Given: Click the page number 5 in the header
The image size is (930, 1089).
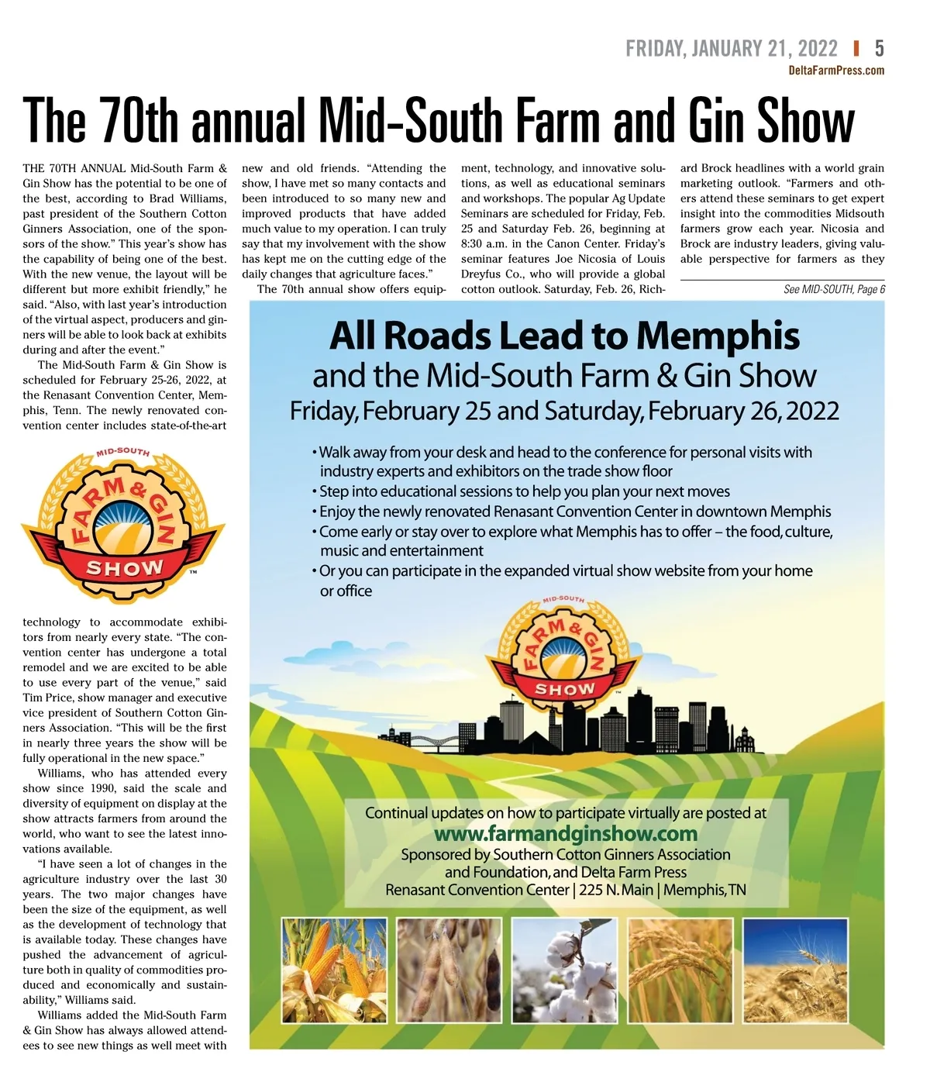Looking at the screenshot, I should click(879, 49).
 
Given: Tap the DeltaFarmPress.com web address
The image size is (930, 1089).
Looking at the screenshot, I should click(835, 71).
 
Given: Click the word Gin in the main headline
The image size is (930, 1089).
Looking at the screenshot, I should click(720, 122).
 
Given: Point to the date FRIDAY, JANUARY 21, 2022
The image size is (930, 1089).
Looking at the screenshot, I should click(731, 49).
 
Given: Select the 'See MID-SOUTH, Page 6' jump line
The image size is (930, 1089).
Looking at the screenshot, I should click(833, 289).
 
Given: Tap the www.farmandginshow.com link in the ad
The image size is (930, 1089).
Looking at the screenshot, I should click(566, 834).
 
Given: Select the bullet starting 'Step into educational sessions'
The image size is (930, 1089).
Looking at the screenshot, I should click(524, 491).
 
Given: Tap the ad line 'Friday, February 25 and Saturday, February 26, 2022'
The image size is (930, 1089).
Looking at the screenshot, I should click(564, 411).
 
